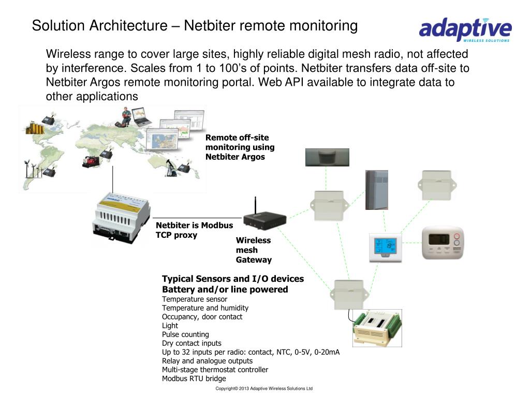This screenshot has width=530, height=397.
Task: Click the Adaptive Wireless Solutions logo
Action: (465, 29)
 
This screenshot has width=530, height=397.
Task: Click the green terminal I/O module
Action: (377, 328)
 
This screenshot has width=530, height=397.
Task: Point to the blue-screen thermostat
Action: (385, 248)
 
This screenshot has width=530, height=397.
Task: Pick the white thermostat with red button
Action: (444, 242)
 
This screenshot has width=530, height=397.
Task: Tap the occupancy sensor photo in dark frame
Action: (327, 157)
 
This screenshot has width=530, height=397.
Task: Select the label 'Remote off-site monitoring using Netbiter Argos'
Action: (240, 147)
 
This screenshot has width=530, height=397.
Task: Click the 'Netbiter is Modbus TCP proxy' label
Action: (194, 230)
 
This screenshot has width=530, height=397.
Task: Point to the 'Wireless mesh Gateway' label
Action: (254, 250)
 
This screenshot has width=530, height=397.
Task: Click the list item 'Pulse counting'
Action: (185, 334)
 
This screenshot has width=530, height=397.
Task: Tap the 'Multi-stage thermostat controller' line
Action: (215, 370)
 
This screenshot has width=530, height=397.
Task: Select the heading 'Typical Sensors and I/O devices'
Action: (233, 279)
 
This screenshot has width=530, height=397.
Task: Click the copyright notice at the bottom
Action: (264, 389)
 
